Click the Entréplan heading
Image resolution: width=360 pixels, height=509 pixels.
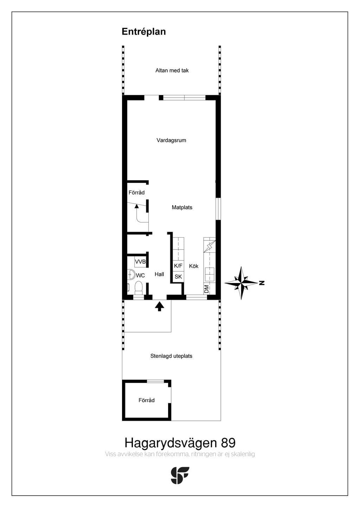tap(144, 32)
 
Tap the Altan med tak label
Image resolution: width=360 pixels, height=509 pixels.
tap(172, 70)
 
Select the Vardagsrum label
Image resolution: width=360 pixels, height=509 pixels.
tap(171, 140)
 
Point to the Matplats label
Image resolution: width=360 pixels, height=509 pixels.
tap(182, 207)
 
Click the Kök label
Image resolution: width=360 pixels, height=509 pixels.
tap(194, 266)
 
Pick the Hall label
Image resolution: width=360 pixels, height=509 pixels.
tap(159, 274)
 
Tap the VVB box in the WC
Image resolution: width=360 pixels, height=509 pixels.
tap(140, 262)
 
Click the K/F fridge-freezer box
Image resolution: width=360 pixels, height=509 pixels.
tap(178, 266)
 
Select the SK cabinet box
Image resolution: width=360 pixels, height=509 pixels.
tap(178, 277)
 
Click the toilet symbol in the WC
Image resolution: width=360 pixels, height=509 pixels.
tap(139, 288)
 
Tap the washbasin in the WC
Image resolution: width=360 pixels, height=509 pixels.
tap(131, 275)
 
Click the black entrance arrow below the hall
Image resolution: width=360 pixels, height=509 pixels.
tap(160, 306)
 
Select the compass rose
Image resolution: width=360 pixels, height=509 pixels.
tap(241, 283)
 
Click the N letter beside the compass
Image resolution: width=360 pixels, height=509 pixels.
tap(262, 283)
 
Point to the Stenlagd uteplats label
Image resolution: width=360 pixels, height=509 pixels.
tap(171, 356)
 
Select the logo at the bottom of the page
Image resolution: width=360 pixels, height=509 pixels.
tap(180, 476)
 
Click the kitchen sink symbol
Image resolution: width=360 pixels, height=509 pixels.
tap(210, 274)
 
